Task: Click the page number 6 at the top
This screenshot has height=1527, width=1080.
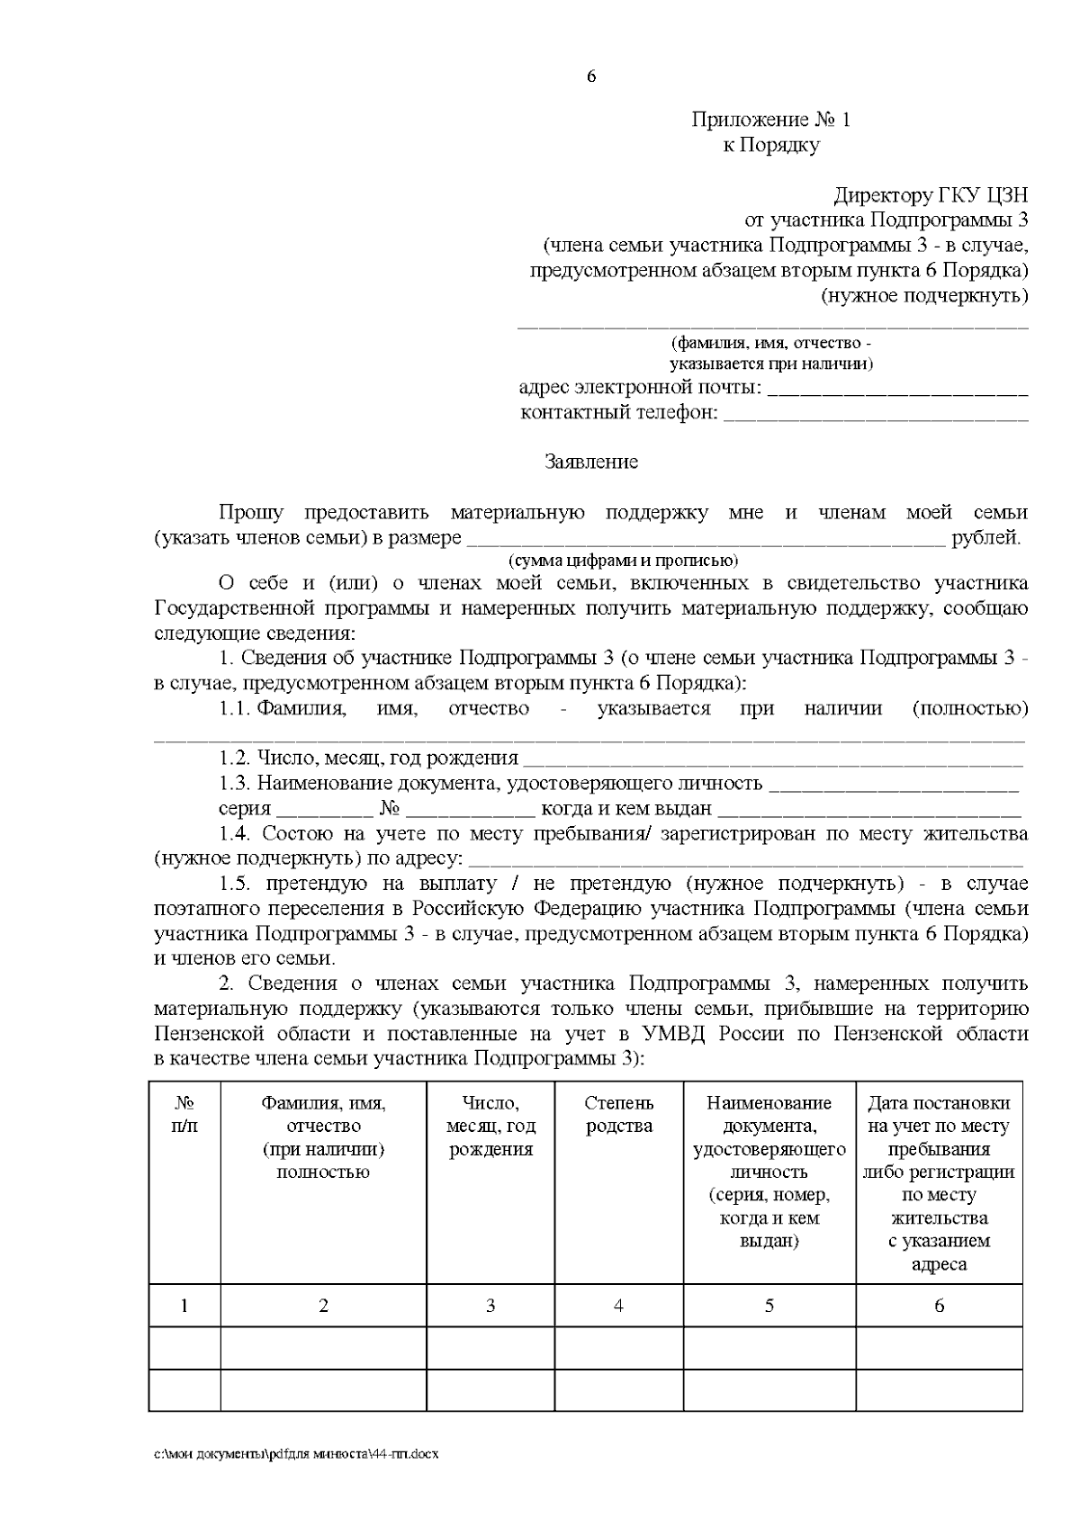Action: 591,76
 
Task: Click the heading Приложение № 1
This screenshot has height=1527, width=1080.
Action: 770,120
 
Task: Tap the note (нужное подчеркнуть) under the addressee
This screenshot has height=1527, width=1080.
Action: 924,295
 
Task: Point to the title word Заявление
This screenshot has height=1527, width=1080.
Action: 591,463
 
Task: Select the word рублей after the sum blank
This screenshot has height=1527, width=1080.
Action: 985,538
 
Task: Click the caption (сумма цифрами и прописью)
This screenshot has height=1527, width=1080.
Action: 623,561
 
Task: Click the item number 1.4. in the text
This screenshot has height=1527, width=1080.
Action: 239,833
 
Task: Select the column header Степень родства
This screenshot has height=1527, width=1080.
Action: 619,1114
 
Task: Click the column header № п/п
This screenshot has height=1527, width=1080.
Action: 184,1114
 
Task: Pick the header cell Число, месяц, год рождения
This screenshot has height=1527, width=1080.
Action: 490,1126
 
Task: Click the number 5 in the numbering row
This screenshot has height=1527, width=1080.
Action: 769,1305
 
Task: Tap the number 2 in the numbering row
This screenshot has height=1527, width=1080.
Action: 323,1305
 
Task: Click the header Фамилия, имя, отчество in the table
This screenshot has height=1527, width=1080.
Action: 323,1136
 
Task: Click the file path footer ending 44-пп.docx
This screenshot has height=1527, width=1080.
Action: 296,1454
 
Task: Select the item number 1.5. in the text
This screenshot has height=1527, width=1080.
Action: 239,884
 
